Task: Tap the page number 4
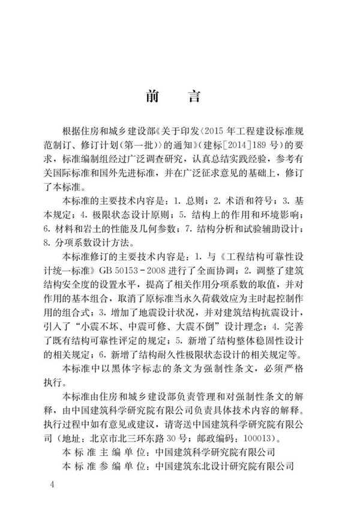[53, 484]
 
